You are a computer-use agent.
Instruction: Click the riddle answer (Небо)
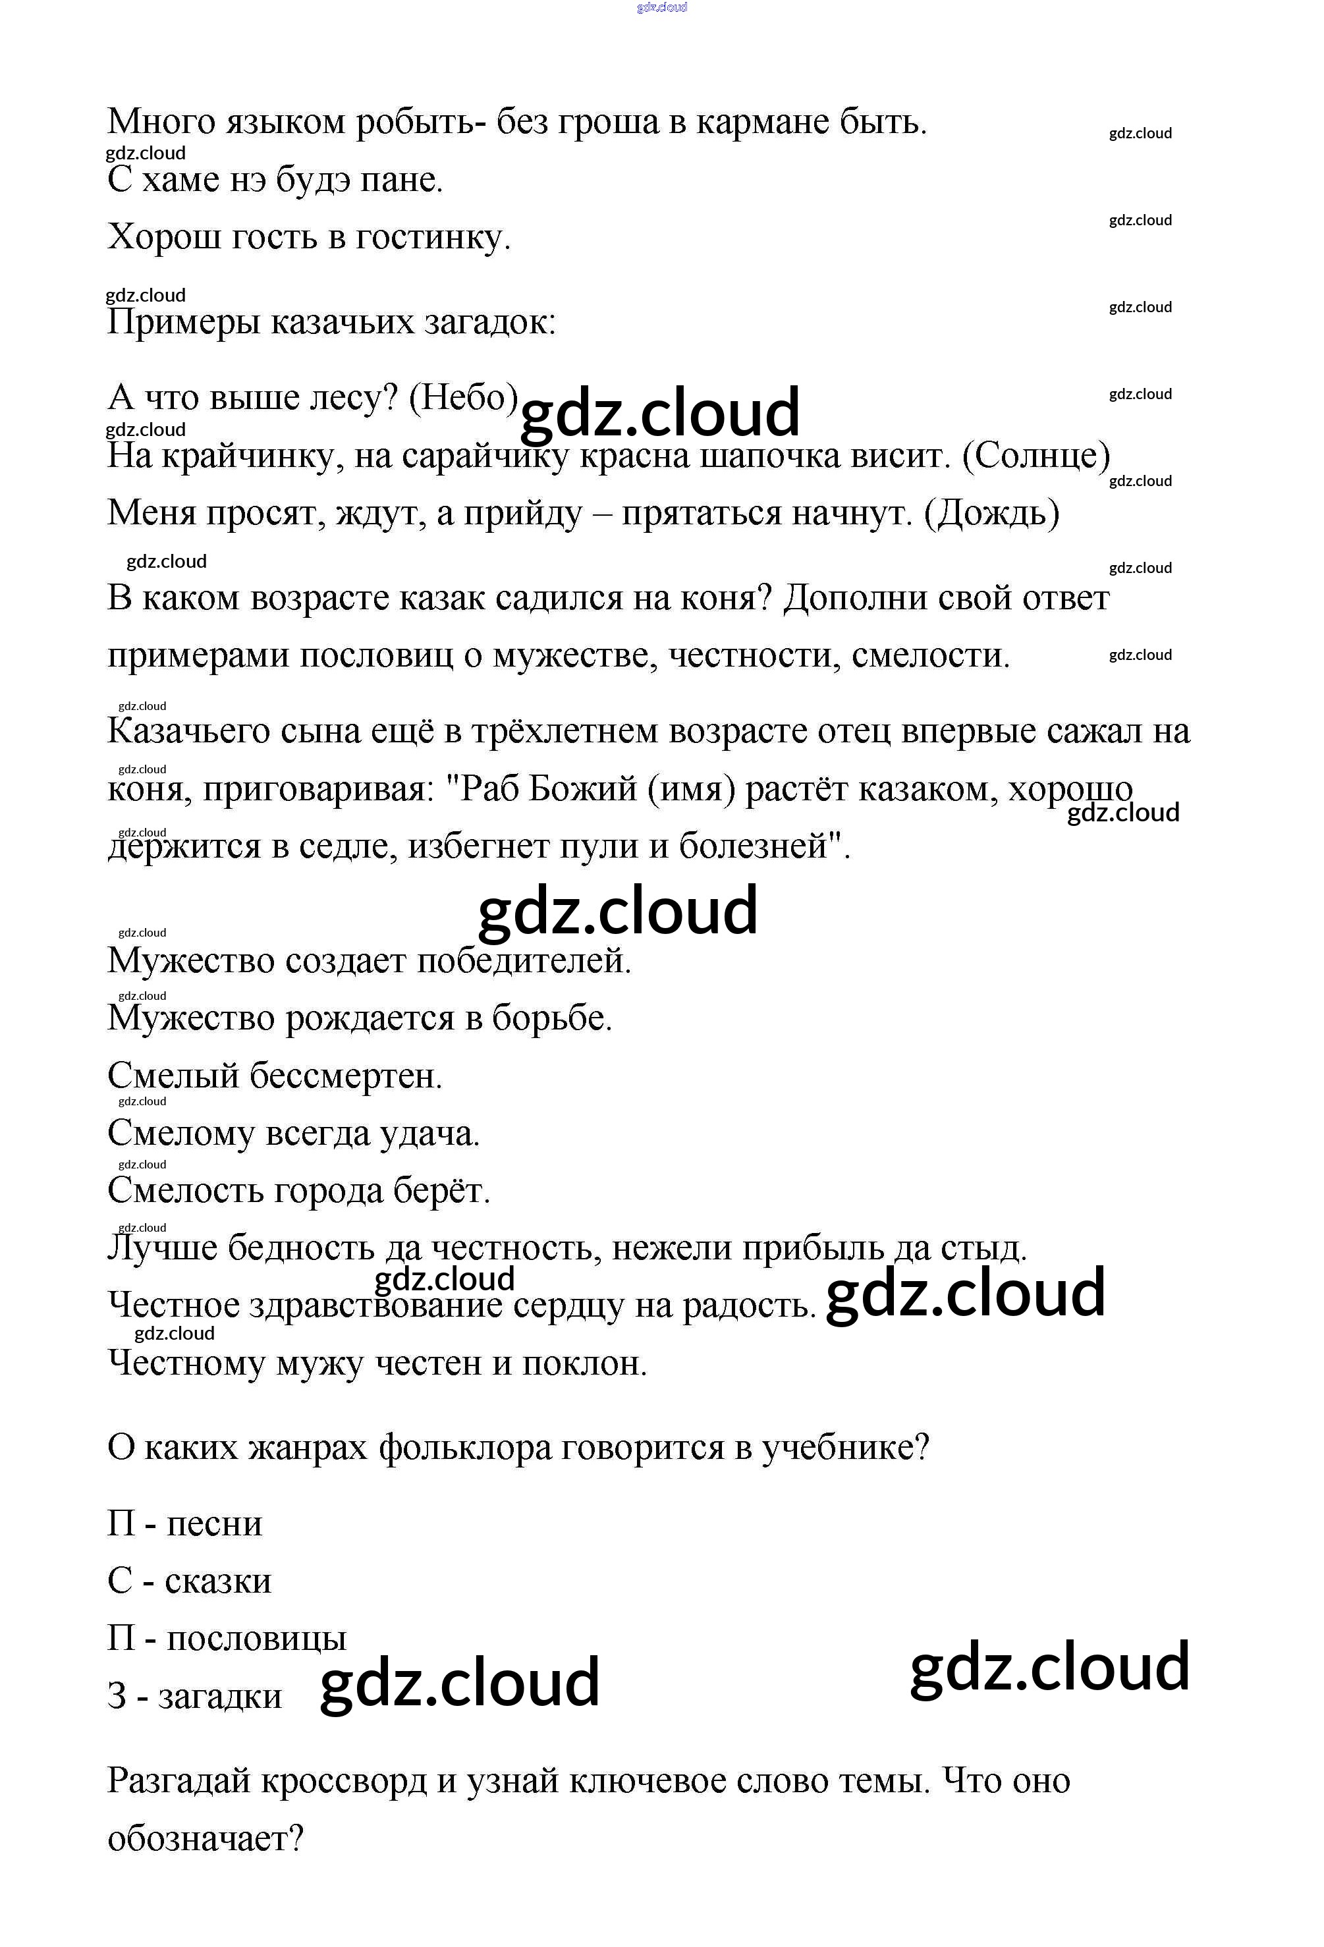pos(462,397)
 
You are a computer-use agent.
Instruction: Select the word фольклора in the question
pos(465,1448)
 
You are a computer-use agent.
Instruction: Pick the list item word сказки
pos(218,1581)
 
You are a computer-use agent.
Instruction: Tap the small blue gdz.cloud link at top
pos(662,7)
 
